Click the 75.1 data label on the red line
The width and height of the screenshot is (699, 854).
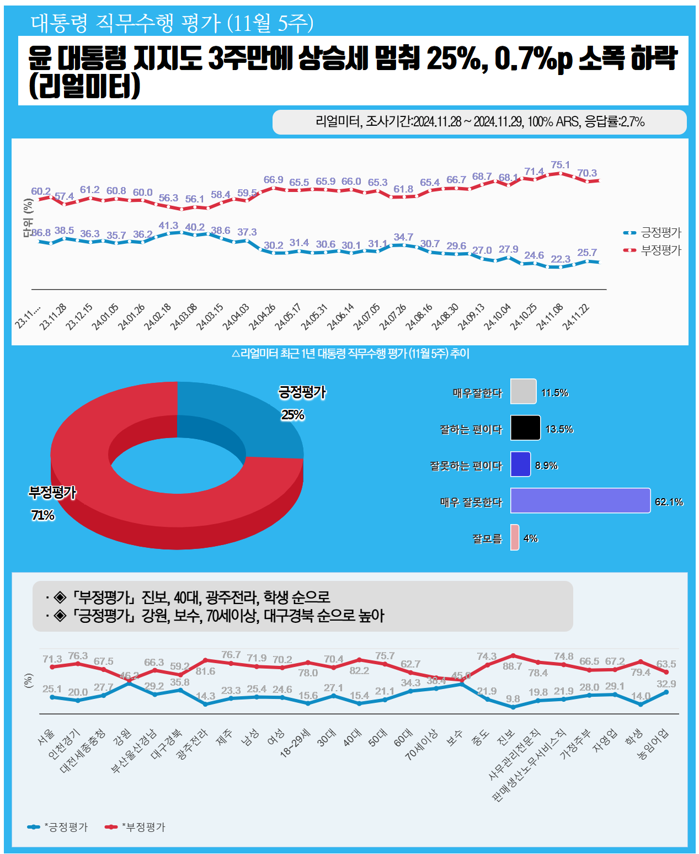click(x=560, y=165)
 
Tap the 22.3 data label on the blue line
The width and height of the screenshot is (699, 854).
click(x=561, y=259)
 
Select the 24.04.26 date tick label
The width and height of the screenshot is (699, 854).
click(x=262, y=317)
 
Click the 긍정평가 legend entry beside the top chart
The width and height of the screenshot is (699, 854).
click(x=660, y=233)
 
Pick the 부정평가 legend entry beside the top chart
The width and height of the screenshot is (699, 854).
click(x=660, y=250)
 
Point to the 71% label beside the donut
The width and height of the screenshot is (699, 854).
click(x=43, y=515)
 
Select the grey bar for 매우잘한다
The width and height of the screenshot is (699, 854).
click(x=523, y=392)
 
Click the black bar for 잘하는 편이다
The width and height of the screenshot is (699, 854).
click(x=525, y=428)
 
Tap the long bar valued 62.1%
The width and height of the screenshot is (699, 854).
click(x=580, y=501)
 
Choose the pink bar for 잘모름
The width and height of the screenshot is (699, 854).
click(x=514, y=537)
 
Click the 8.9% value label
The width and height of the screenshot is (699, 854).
click(x=546, y=466)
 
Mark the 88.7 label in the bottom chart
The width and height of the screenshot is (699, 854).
click(x=512, y=666)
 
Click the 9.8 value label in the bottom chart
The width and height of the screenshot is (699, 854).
click(x=513, y=699)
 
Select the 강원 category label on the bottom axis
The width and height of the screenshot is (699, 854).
click(x=122, y=738)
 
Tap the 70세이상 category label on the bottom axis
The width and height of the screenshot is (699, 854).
click(x=421, y=745)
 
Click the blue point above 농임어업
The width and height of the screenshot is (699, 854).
click(x=666, y=692)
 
